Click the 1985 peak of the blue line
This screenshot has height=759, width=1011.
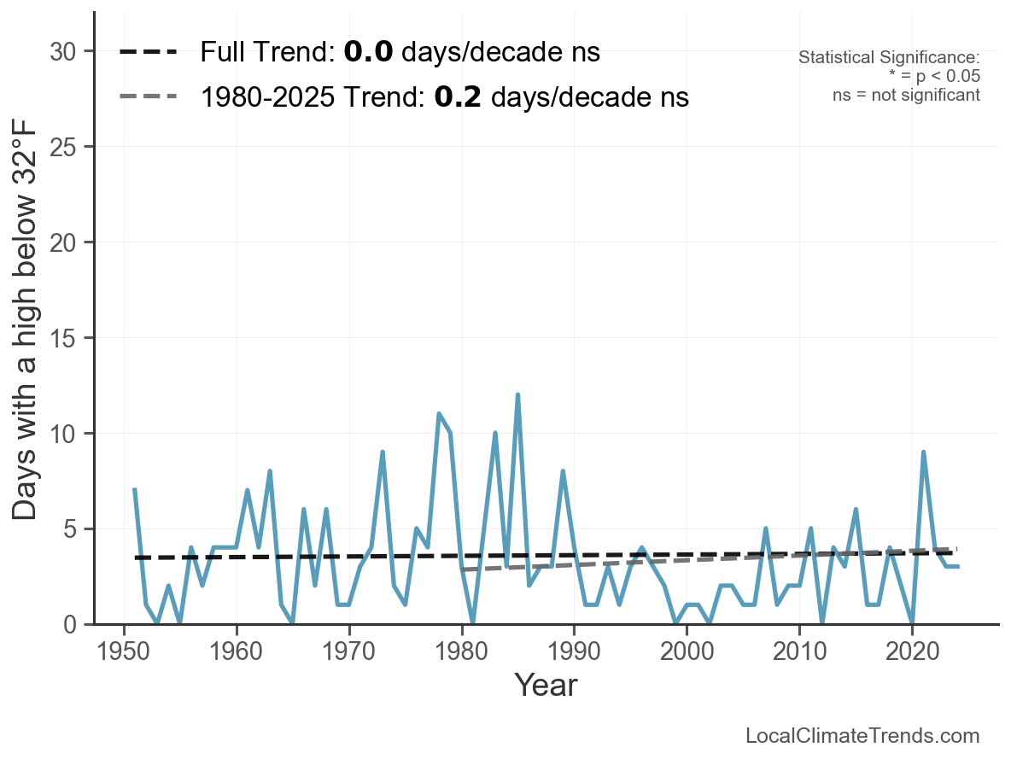point(517,395)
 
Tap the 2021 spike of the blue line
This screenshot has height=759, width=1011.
point(923,452)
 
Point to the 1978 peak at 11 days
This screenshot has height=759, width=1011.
point(439,414)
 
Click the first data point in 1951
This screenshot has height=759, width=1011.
point(135,490)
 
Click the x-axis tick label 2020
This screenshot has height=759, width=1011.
point(912,653)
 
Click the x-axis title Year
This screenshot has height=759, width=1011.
point(546,685)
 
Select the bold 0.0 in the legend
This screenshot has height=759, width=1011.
point(369,53)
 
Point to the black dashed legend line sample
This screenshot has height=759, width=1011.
point(149,52)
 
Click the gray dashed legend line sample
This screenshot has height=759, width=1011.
point(149,96)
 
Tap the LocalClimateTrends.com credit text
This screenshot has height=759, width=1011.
point(862,736)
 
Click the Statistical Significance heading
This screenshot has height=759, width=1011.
point(889,58)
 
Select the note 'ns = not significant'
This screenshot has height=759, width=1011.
point(906,95)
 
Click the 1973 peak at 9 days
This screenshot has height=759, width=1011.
point(383,452)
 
